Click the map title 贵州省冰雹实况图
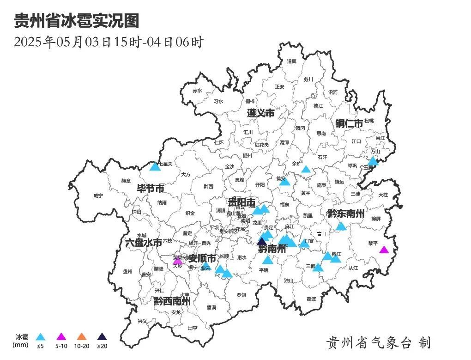pyautogui.click(x=76, y=21)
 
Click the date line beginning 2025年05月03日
pyautogui.click(x=109, y=42)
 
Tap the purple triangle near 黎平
pyautogui.click(x=384, y=250)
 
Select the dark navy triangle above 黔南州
pyautogui.click(x=262, y=242)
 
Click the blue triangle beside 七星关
pyautogui.click(x=155, y=166)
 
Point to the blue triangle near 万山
pyautogui.click(x=373, y=161)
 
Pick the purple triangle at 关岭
pyautogui.click(x=178, y=261)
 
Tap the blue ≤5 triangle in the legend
pyautogui.click(x=41, y=337)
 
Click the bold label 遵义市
pyautogui.click(x=260, y=113)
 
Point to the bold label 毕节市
pyautogui.click(x=151, y=189)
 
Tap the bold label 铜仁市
pyautogui.click(x=349, y=123)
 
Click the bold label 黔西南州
pyautogui.click(x=172, y=301)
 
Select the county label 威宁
pyautogui.click(x=98, y=196)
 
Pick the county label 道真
pyautogui.click(x=291, y=61)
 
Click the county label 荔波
pyautogui.click(x=311, y=299)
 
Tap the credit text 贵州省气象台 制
pyautogui.click(x=378, y=342)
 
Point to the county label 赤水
pyautogui.click(x=198, y=91)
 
